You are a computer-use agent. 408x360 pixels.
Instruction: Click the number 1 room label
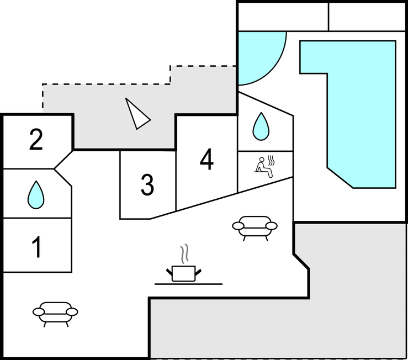pos(36,247)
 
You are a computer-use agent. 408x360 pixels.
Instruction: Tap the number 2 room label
pos(36,140)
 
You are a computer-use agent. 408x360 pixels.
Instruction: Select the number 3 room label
pos(147,186)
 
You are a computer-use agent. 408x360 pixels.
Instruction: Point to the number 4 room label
pos(206,160)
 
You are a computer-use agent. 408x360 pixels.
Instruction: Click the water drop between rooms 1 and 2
pos(36,194)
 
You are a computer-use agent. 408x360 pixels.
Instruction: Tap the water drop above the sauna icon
pos(261,126)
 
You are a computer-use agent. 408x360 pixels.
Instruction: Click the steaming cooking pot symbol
pos(184,272)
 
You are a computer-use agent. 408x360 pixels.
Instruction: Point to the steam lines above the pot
pos(186,253)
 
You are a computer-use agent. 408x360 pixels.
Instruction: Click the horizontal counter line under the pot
pos(188,284)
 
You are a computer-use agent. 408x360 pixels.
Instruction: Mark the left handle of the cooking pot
pos(169,271)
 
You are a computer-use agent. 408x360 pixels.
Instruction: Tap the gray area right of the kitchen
pos(353,293)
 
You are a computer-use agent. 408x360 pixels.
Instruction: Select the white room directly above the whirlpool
pos(283,16)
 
